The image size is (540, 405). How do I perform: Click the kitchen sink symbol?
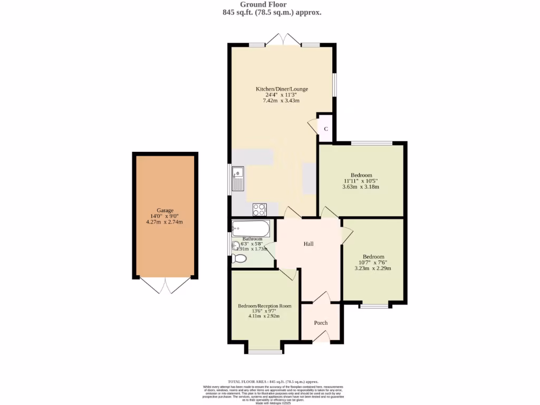[x=238, y=179]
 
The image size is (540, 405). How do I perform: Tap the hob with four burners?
[x=259, y=209]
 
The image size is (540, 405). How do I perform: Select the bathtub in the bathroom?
[x=251, y=228]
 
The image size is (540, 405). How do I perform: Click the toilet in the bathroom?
[x=238, y=258]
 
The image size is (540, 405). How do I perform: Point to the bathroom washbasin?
[x=235, y=245]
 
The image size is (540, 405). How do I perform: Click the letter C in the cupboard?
[x=326, y=129]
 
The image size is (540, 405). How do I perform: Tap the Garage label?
[x=165, y=210]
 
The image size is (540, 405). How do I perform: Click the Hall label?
[x=308, y=244]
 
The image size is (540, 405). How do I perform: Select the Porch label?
[x=321, y=323]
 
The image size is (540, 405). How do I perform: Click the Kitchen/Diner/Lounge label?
[x=282, y=89]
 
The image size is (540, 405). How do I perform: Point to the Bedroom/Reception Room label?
[x=264, y=306]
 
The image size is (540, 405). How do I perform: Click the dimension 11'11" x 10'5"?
[x=361, y=181]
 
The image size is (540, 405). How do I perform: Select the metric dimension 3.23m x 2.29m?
[x=373, y=268]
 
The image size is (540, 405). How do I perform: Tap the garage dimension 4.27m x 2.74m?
[x=165, y=222]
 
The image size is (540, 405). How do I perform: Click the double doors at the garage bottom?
[x=165, y=285]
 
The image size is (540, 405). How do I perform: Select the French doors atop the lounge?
[x=284, y=40]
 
